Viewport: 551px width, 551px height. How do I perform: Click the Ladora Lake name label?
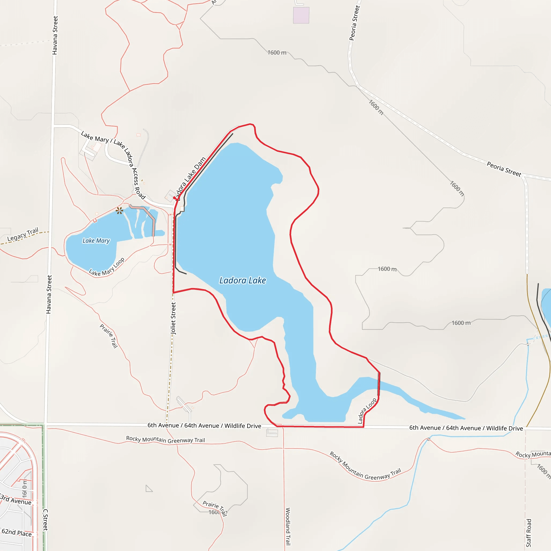tap(242, 281)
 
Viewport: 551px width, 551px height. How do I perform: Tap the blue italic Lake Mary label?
tap(96, 241)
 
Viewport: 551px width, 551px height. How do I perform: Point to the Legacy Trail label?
tap(23, 234)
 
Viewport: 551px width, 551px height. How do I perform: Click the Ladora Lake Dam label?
tap(190, 179)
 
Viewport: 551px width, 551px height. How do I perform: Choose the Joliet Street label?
tap(173, 318)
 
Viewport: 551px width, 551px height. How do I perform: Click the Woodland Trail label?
tap(288, 526)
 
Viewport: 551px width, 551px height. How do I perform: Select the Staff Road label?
tap(529, 533)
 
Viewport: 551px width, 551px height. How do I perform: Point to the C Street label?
tap(46, 520)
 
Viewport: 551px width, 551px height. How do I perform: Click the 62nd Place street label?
tap(16, 532)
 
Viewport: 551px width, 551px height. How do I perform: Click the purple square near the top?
tap(301, 15)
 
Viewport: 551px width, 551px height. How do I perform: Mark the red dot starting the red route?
tap(175, 198)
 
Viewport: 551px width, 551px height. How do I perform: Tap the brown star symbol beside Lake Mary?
tap(119, 211)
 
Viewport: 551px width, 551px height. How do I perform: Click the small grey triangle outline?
tap(148, 489)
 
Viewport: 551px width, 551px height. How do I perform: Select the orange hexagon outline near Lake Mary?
tap(97, 214)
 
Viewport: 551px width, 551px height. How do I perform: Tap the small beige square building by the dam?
tap(182, 209)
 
